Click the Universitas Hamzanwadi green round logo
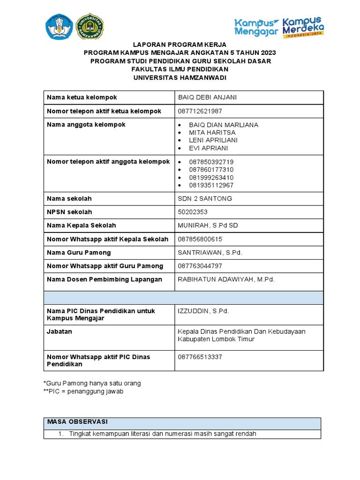(90, 26)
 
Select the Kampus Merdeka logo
(303, 27)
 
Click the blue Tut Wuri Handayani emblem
(60, 26)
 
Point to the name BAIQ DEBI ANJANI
(207, 97)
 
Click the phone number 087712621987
(200, 111)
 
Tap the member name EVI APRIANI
(208, 148)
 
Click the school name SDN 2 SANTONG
(205, 199)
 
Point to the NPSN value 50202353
(193, 212)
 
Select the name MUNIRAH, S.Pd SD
(208, 225)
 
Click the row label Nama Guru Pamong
(79, 253)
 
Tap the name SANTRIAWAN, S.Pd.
(210, 253)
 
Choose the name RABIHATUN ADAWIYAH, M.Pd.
(226, 279)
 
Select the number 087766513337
(200, 357)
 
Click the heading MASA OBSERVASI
(78, 422)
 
